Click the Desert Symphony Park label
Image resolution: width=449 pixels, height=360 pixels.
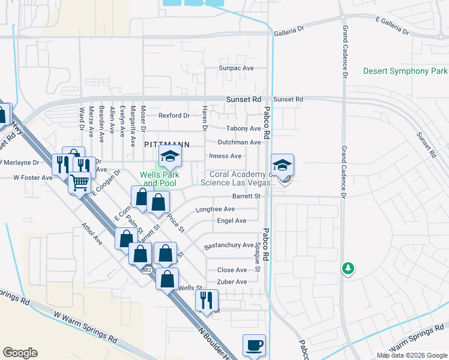tap(405, 71)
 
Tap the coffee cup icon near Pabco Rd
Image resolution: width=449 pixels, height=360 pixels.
tap(253, 346)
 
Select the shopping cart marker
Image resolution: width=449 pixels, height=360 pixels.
tap(79, 182)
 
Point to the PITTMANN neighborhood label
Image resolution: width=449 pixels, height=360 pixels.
tap(167, 145)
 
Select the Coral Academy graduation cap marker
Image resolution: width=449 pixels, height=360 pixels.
tap(282, 164)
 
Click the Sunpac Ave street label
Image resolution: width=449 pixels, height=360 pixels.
tap(237, 68)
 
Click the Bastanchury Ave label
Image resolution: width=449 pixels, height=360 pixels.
tap(229, 245)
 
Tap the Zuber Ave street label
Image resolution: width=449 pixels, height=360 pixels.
tap(232, 282)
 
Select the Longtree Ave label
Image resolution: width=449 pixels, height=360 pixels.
tap(215, 209)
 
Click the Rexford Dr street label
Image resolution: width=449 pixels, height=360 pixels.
tap(173, 115)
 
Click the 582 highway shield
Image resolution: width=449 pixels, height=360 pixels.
tap(147, 270)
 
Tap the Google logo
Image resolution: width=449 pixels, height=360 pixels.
tap(20, 353)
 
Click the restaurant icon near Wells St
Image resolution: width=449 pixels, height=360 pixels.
tap(206, 300)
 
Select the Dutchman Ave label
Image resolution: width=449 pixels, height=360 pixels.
tap(239, 143)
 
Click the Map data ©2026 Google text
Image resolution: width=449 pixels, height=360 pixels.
tap(412, 355)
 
